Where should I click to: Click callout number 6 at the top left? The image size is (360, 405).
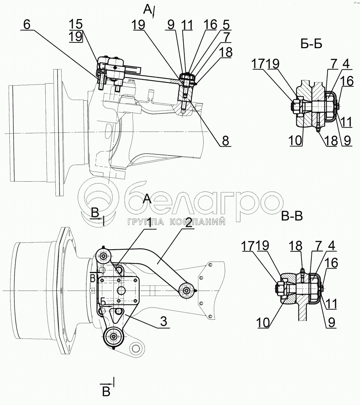click(x=27, y=24)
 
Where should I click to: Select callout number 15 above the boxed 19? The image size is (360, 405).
click(x=76, y=24)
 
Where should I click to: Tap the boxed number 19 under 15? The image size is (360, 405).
click(x=76, y=36)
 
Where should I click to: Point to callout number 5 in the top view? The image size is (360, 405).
click(x=226, y=25)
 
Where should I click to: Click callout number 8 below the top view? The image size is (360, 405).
click(x=225, y=141)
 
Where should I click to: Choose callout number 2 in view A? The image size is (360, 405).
click(x=189, y=223)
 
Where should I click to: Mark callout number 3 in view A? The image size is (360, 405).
click(x=163, y=322)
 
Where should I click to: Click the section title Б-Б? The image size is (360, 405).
click(x=311, y=45)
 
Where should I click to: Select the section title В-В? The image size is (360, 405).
click(x=292, y=216)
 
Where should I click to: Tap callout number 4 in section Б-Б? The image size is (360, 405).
click(x=346, y=64)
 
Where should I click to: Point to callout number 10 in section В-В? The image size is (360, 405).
click(x=263, y=322)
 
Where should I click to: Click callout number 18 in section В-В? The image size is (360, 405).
click(x=296, y=246)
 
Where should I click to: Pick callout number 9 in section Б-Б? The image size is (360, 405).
click(x=347, y=141)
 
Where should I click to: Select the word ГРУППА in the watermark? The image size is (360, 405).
click(x=146, y=222)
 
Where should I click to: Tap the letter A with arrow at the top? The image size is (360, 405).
click(x=148, y=10)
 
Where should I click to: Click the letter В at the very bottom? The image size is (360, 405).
click(x=106, y=392)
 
